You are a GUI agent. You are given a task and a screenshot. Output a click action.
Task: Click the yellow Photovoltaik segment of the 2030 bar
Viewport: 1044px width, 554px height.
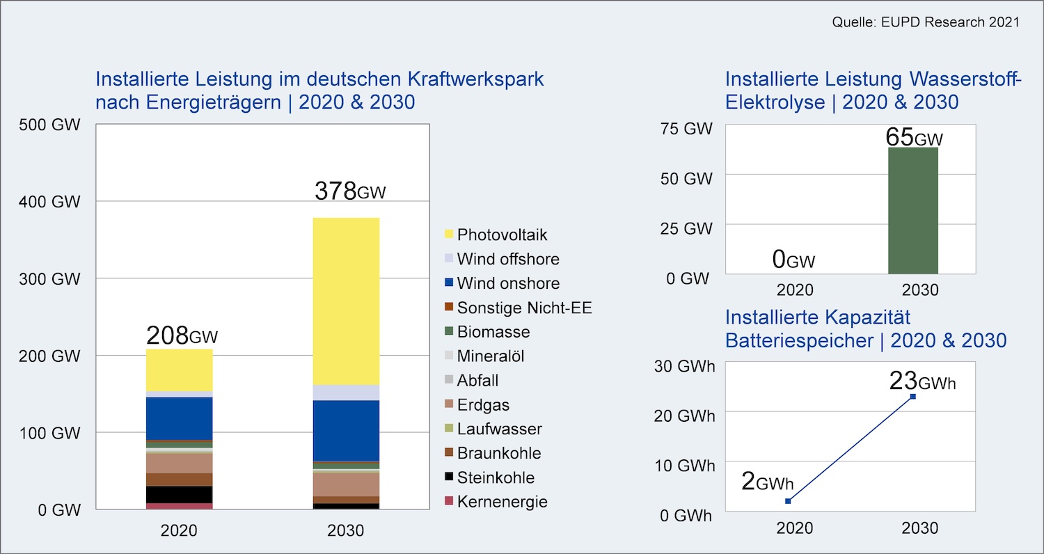[346, 301]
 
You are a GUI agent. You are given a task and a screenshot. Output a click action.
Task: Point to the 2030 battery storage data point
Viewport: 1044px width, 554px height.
[913, 397]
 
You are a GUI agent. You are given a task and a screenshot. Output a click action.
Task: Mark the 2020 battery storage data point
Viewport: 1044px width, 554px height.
[788, 501]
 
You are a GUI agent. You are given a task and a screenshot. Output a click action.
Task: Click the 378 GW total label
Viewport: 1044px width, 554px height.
[349, 191]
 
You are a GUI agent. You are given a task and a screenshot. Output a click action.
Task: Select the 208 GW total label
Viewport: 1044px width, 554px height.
[182, 336]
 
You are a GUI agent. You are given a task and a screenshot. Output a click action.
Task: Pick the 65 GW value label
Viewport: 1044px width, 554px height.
[914, 137]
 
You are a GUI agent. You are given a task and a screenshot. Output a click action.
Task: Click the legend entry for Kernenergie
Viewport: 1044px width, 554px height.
[502, 502]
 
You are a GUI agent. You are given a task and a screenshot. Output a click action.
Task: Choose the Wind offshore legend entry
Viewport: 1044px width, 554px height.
[507, 260]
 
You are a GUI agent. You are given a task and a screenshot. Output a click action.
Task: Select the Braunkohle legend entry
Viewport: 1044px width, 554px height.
[498, 454]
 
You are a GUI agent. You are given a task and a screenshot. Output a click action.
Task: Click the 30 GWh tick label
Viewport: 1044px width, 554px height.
[685, 366]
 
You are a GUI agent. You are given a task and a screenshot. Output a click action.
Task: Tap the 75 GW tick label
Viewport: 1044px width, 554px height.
[688, 129]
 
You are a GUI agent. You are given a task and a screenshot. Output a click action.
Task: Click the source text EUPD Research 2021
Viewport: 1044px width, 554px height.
[926, 22]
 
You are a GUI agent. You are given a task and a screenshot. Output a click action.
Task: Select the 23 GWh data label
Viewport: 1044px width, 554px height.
[922, 382]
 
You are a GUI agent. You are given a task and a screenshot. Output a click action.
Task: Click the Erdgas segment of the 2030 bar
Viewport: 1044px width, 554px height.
[346, 484]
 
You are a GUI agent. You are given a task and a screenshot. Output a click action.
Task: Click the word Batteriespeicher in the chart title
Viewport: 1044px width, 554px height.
[805, 340]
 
